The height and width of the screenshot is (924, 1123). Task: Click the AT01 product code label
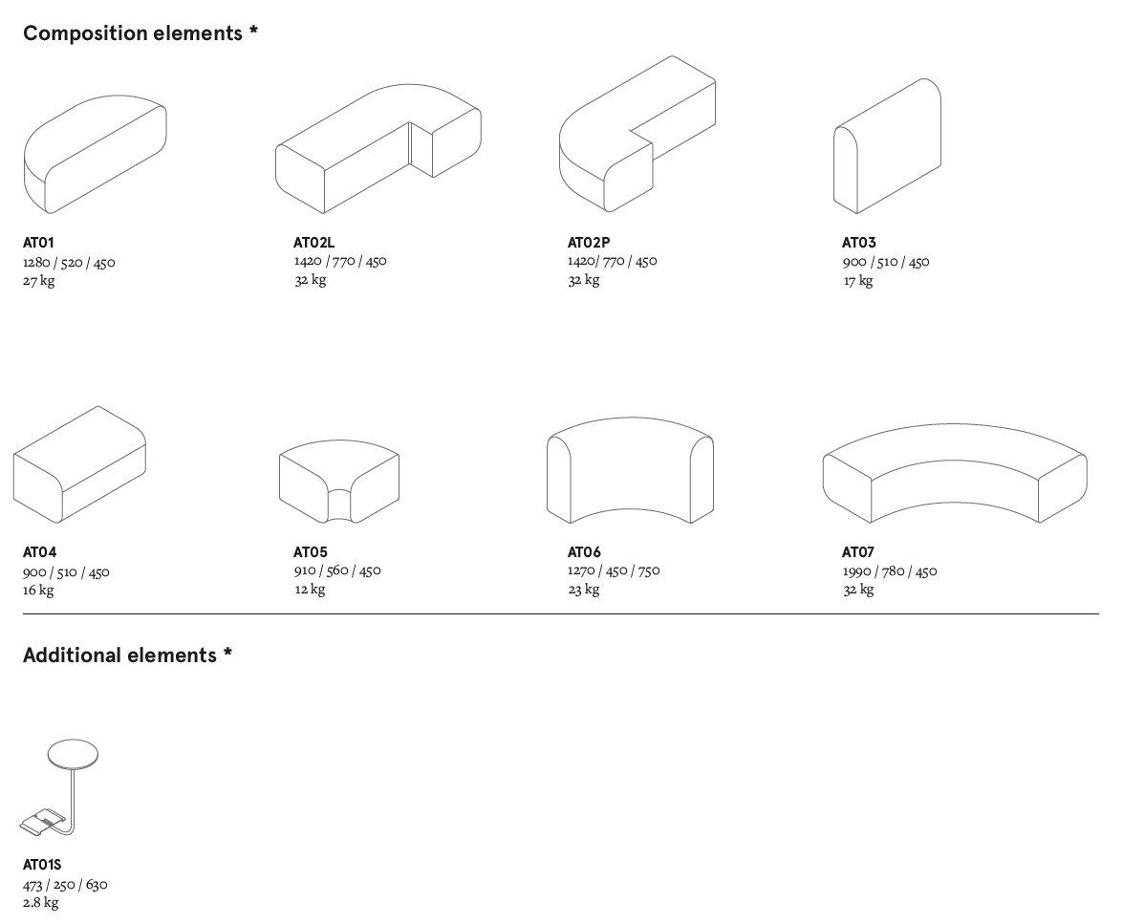(38, 243)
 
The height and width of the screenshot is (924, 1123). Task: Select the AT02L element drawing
(378, 149)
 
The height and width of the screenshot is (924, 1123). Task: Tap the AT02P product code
(589, 243)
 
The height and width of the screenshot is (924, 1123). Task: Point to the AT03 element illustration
(887, 145)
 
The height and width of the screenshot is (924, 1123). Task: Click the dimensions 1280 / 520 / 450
(69, 262)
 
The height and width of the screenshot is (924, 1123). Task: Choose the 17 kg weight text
(857, 281)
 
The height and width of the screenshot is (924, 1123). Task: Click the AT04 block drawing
(79, 464)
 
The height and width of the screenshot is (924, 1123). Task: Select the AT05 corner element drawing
(338, 482)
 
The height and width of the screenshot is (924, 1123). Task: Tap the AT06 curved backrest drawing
(630, 470)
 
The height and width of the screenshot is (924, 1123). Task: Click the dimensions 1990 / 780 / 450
(890, 571)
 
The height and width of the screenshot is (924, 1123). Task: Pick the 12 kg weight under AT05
(310, 590)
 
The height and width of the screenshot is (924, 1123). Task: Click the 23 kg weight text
(584, 590)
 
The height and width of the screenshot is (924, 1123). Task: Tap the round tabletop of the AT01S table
(73, 754)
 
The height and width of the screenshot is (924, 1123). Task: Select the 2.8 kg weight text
(41, 903)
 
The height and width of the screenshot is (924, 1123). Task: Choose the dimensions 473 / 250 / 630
(65, 885)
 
